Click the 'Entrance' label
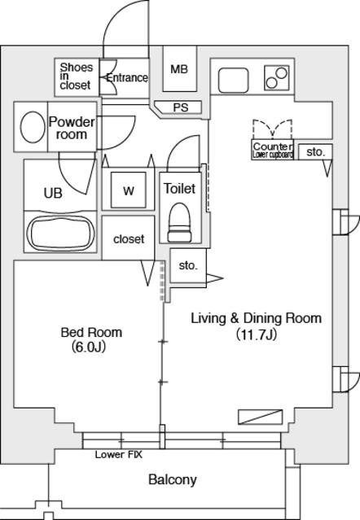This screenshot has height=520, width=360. click(x=127, y=78)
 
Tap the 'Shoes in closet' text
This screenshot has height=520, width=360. click(x=76, y=76)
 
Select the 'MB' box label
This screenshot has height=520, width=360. click(x=179, y=69)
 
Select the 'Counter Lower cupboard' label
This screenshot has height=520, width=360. click(x=273, y=150)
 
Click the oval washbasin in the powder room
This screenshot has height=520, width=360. click(x=33, y=128)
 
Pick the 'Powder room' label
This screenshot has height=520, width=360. click(x=72, y=129)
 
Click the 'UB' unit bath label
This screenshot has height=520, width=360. click(x=52, y=193)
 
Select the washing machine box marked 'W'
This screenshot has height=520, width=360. click(x=128, y=191)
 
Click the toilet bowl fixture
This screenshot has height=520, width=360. click(x=179, y=221)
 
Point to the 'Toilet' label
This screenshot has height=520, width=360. click(x=179, y=188)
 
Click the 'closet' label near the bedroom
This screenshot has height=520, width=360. click(x=129, y=238)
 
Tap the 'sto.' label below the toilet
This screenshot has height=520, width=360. click(x=188, y=265)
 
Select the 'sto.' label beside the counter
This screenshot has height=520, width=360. click(x=315, y=151)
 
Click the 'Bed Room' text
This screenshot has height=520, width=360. click(x=91, y=332)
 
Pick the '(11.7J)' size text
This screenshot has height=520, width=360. click(x=256, y=334)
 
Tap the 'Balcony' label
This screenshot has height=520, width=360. click(x=172, y=479)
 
